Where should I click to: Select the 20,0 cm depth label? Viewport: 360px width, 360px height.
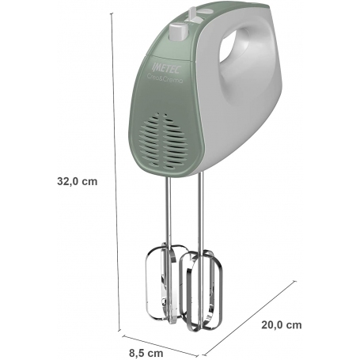pyautogui.click(x=281, y=324)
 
